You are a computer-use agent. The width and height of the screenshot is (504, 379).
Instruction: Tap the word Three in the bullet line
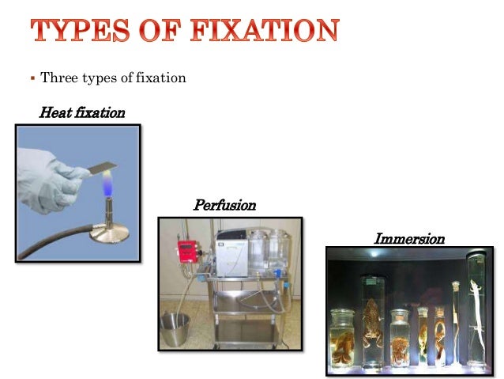pos(56,78)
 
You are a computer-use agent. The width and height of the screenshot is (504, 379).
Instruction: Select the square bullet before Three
pos(32,78)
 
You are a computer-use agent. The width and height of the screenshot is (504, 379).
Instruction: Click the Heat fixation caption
pos(81,112)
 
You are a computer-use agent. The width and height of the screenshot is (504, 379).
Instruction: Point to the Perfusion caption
pos(225,205)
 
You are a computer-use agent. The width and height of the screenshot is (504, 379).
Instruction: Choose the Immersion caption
pos(408,238)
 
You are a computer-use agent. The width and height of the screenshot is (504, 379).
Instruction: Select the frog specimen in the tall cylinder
pos(371,313)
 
